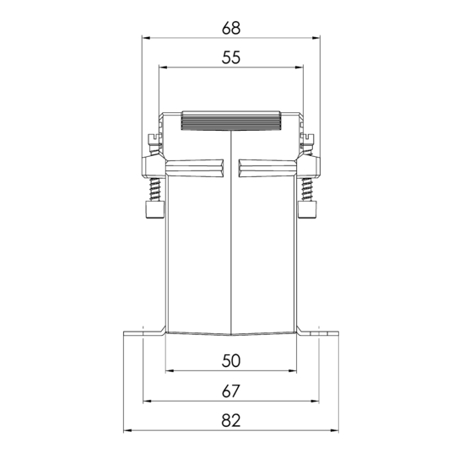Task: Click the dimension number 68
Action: coord(231,28)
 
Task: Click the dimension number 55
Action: coord(231,57)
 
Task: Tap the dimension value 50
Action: coord(231,361)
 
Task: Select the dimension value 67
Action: coord(231,391)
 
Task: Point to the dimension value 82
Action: coord(231,420)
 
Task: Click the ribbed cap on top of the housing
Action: coord(231,121)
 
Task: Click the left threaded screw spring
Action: coord(155,190)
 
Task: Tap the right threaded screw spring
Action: coord(307,190)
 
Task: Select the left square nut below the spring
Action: coord(154,209)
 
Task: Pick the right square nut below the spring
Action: coord(307,209)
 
